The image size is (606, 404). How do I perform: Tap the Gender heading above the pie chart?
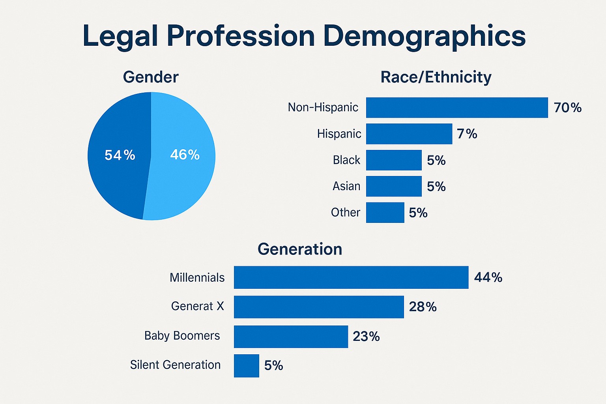pos(151,77)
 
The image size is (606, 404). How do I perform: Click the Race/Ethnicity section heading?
pos(436,77)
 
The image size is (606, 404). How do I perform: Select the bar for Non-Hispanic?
pos(457,107)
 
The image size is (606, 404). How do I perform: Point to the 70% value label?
pos(567,108)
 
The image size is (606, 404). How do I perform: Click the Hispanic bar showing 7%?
pos(409,134)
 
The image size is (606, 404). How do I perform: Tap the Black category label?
pos(346,160)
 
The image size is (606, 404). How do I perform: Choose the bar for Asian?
pos(394,186)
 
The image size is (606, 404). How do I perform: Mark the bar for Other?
pos(385,213)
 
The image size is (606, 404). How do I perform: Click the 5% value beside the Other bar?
pos(418,213)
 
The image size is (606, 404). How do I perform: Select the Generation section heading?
pos(300,249)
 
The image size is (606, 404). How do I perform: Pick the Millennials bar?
pos(351,277)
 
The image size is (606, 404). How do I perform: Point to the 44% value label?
pos(488,277)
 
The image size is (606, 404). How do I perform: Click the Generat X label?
pos(197,306)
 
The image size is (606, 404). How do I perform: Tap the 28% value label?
pos(423,307)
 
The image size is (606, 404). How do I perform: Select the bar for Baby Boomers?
pos(291,337)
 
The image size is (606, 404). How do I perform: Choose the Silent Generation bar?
pos(246,366)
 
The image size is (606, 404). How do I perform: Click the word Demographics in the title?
pos(424,36)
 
